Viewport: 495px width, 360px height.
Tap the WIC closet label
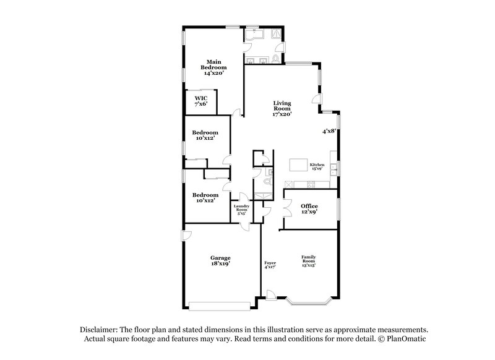pos(201,101)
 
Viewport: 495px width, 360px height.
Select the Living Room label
pos(282,108)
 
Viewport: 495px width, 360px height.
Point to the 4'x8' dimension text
pos(329,131)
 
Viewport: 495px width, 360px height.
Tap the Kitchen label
pos(318,166)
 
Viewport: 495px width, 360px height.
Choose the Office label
pos(309,209)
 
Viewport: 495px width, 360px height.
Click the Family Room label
pos(308,260)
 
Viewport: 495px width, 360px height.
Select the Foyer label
pos(270,265)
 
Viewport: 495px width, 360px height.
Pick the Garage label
pos(220,260)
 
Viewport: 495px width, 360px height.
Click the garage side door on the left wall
pos(186,234)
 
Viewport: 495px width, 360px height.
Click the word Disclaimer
pos(100,330)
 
